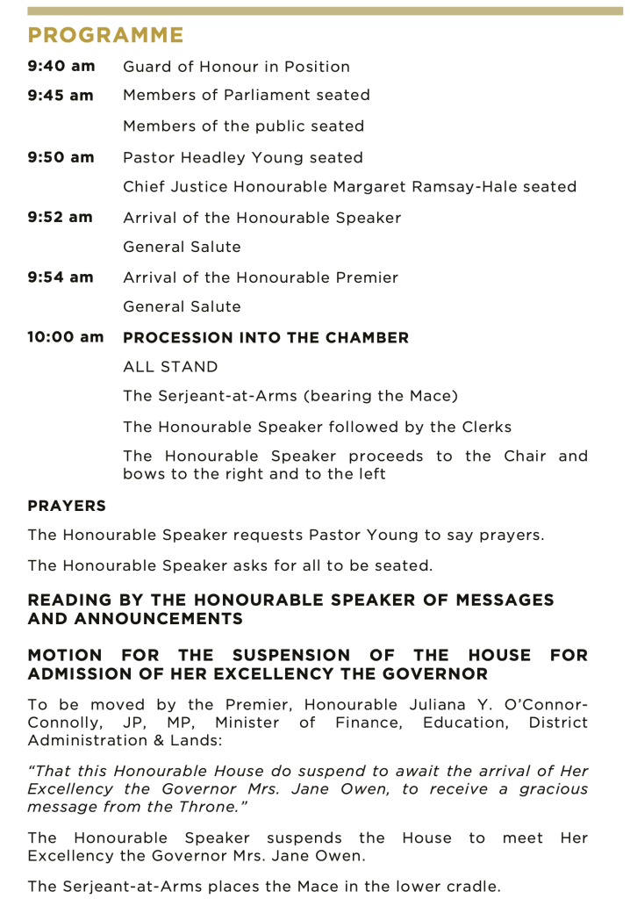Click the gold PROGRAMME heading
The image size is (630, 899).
click(x=105, y=36)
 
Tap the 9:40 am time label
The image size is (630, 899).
click(x=61, y=67)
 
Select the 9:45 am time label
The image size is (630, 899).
click(x=61, y=95)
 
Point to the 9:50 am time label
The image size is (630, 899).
click(x=61, y=158)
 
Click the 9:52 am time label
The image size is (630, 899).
click(x=61, y=218)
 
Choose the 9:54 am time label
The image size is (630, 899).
click(x=61, y=277)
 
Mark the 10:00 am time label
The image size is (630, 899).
click(x=65, y=337)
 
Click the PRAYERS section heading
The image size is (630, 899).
click(x=67, y=506)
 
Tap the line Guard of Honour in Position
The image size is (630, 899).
click(x=236, y=67)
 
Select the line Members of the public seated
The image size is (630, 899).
click(x=243, y=126)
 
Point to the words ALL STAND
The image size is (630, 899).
click(x=170, y=367)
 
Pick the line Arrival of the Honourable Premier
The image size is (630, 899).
click(x=261, y=277)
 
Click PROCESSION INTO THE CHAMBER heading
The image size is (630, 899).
click(x=266, y=337)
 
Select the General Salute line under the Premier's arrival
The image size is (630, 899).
click(x=182, y=307)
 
